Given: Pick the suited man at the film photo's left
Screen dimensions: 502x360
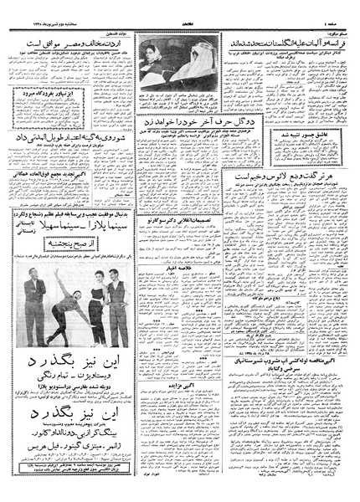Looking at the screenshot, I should (x=34, y=314).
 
